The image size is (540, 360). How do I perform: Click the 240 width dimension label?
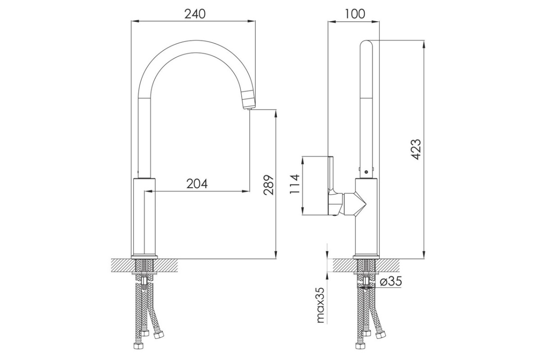click(x=195, y=14)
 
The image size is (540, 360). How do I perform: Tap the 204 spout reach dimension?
click(x=197, y=184)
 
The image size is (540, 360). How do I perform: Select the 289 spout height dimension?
click(x=269, y=184)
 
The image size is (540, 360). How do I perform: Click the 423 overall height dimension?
click(x=416, y=149)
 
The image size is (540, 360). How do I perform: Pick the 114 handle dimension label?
click(x=295, y=184)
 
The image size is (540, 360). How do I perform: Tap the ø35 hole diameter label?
click(x=391, y=281)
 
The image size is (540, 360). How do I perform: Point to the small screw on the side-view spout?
click(x=366, y=172)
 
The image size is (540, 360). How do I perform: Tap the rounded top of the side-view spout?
click(x=366, y=43)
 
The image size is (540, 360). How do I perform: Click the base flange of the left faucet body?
click(x=144, y=257)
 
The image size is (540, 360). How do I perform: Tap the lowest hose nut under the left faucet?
click(x=138, y=346)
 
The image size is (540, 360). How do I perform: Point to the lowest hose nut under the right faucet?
click(x=360, y=346)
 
